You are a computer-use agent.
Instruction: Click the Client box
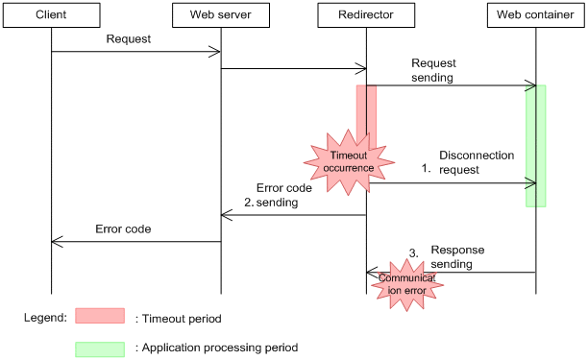pos(51,16)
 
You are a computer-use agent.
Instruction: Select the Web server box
pos(221,16)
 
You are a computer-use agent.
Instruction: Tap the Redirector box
pos(366,16)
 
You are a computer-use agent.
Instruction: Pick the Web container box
pos(535,16)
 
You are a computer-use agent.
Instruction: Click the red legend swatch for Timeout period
pos(100,316)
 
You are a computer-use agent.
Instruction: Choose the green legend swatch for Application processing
pos(100,348)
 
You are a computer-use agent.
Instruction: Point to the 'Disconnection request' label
pos(477,160)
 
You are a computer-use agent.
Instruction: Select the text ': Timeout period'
pos(180,317)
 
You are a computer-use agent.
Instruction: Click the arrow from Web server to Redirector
pos(293,68)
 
